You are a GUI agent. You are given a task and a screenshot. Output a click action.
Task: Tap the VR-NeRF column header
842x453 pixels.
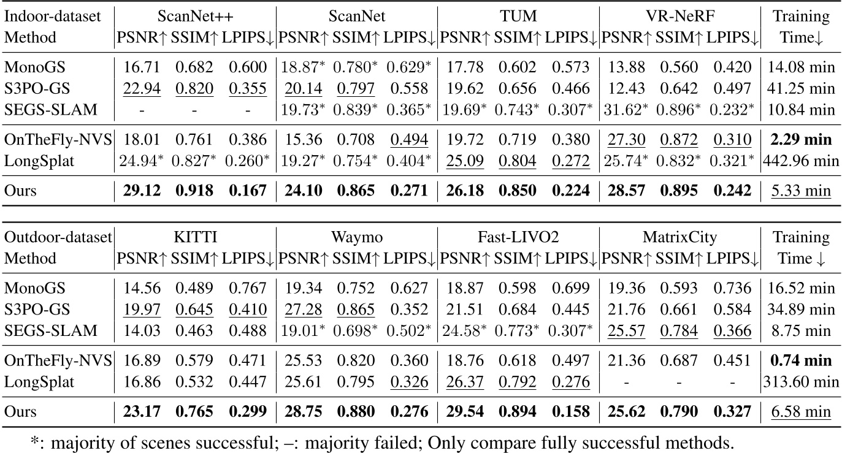tap(679, 15)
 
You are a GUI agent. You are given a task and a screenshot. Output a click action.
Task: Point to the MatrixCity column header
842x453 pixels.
tap(679, 237)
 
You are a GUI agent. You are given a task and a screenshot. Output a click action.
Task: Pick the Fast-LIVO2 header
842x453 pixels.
tap(518, 237)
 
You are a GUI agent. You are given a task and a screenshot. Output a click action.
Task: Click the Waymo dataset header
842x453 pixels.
tap(356, 237)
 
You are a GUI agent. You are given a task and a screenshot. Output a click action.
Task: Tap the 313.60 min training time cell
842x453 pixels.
tap(800, 383)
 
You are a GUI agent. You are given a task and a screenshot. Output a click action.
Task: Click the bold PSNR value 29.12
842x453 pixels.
tap(138, 191)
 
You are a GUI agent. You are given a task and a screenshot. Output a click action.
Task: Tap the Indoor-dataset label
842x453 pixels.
tap(53, 15)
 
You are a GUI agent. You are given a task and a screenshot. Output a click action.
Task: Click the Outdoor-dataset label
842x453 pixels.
tap(57, 237)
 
